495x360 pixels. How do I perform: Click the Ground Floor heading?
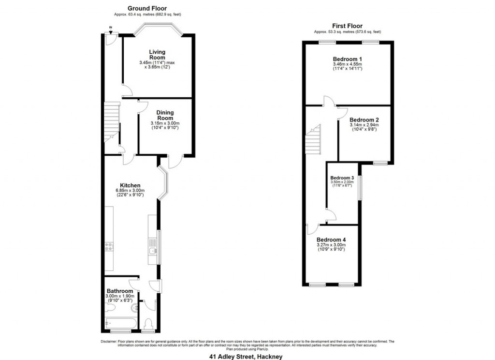coord(147,8)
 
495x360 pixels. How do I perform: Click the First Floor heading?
coord(347,26)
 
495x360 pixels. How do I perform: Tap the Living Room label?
coord(157,55)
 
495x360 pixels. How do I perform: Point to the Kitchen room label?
coord(130,185)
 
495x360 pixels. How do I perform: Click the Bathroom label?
coord(120,291)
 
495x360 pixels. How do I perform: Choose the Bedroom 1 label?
coord(347,59)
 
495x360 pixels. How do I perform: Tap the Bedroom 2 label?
coord(364,120)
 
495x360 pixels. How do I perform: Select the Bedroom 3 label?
coord(342,178)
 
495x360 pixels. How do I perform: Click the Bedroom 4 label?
coord(331,240)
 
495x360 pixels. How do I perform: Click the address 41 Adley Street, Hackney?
coord(246,357)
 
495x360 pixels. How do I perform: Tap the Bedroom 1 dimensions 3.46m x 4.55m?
coord(347,64)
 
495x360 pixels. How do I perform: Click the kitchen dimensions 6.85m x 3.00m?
coord(130,191)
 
